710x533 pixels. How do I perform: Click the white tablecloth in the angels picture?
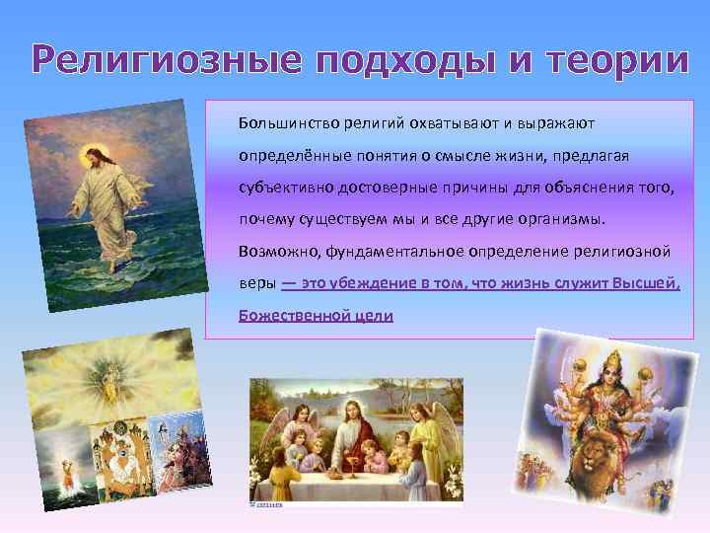click(355, 479)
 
